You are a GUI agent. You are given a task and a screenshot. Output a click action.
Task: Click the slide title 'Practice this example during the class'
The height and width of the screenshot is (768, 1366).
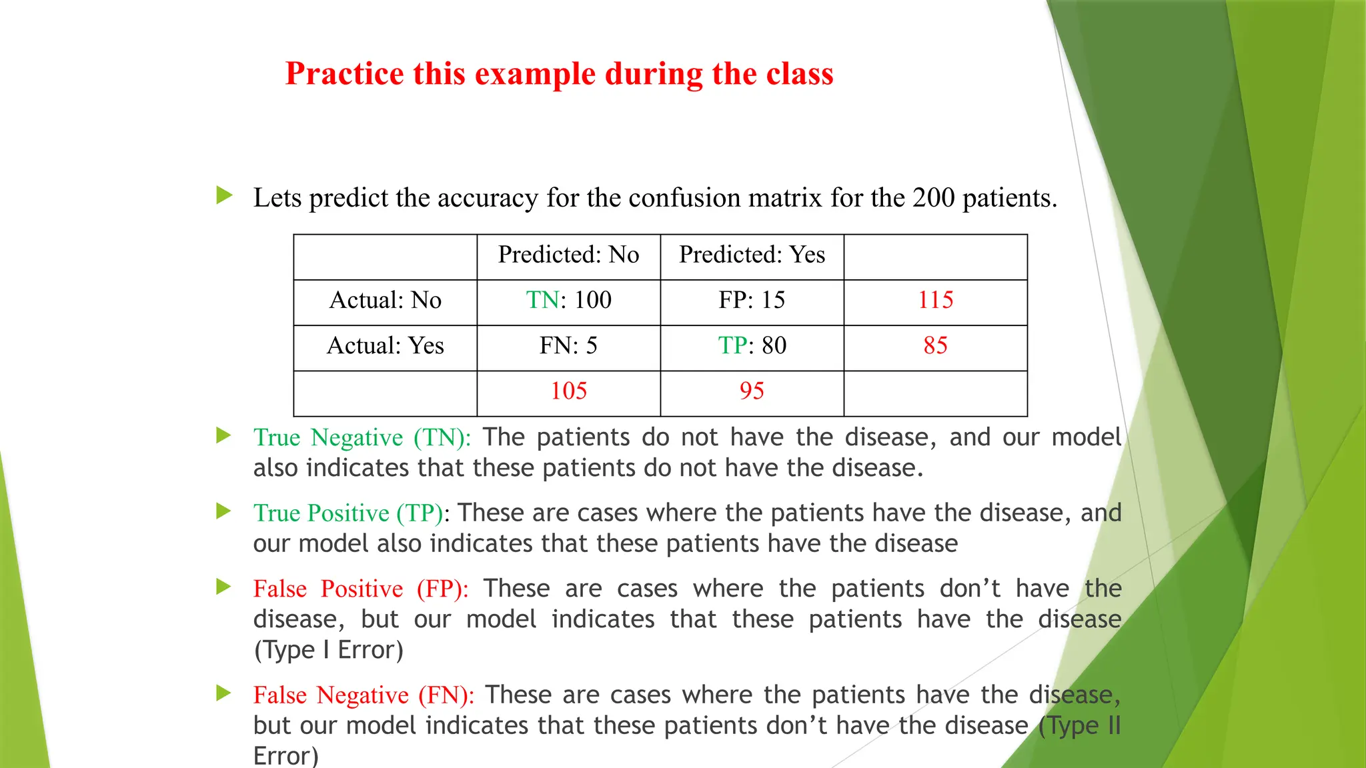[x=559, y=73]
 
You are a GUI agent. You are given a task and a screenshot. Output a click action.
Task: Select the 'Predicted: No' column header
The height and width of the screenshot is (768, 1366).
[x=568, y=255]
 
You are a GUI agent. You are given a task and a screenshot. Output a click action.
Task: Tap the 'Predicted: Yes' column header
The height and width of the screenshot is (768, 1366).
[x=752, y=255]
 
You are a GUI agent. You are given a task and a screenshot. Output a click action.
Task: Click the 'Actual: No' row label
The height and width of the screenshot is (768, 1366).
[x=385, y=300]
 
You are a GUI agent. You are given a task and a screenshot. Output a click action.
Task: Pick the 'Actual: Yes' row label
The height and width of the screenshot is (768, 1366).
[x=385, y=345]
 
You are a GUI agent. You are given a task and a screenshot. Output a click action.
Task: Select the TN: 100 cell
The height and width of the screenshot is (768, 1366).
[x=568, y=300]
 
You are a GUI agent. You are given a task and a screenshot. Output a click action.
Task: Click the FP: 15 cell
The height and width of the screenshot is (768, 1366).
[x=752, y=300]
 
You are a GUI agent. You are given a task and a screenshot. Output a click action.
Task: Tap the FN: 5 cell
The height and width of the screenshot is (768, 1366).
[x=568, y=345]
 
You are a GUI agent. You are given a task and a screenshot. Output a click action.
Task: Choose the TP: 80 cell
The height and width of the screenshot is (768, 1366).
[x=752, y=345]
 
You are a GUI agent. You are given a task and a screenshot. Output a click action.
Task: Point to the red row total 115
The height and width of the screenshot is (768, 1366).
[x=935, y=300]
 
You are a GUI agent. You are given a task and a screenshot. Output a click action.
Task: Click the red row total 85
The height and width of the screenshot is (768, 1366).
[x=935, y=345]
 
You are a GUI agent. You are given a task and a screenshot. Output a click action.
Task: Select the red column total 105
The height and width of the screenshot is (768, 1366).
[x=568, y=391]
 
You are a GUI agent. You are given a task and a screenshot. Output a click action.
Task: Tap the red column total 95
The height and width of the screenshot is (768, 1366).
[x=752, y=391]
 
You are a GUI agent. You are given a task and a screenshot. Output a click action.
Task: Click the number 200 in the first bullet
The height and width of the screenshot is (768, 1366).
[x=934, y=198]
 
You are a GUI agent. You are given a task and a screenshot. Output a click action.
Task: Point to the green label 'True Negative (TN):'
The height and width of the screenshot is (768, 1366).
[x=362, y=437]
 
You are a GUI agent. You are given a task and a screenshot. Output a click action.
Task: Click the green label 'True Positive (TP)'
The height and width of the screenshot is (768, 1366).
[x=348, y=513]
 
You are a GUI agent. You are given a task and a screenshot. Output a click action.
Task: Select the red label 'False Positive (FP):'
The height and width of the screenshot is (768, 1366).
[x=361, y=589]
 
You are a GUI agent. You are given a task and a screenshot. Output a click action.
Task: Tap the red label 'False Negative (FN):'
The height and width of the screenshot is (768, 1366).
[x=364, y=695]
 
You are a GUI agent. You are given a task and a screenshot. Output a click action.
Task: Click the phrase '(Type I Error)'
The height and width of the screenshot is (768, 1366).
[x=328, y=650]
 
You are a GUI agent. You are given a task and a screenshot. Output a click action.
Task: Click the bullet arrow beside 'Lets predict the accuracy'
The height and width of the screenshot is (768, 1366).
[x=224, y=196]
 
